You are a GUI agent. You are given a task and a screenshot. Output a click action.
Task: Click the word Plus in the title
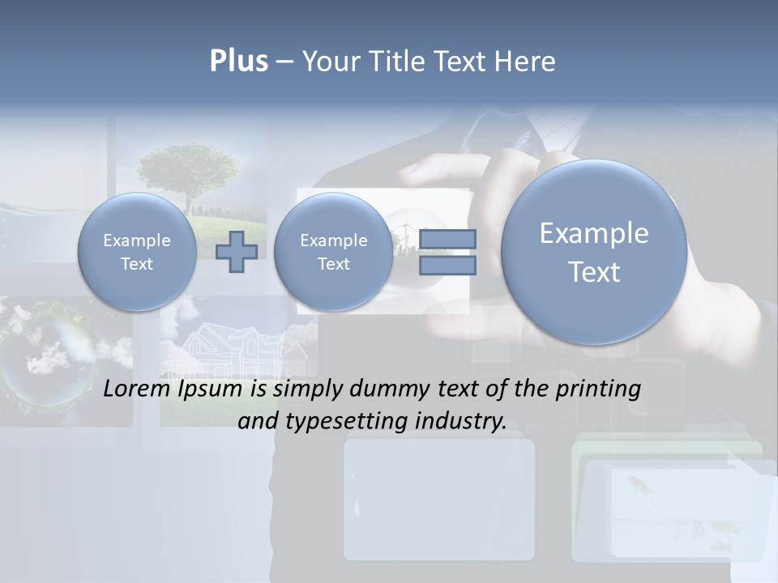coord(238,62)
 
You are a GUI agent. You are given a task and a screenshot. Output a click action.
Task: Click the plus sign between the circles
coord(237,251)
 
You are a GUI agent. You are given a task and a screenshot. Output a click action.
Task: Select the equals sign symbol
coord(447,252)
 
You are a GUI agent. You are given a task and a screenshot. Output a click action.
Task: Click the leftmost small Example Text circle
coord(136,252)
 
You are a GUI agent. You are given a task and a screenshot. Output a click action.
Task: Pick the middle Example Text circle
coord(333,252)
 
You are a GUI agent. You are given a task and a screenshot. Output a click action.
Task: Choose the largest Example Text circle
coord(594,252)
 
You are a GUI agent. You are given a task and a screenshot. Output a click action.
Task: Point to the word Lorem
coord(138,389)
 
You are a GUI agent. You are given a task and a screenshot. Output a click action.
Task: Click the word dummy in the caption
coord(390,389)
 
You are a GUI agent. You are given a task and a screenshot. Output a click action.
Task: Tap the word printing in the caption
coord(595,389)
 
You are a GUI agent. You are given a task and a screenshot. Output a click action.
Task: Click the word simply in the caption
coord(309,389)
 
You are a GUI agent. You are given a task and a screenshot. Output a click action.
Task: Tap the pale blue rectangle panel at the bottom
coord(438,499)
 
